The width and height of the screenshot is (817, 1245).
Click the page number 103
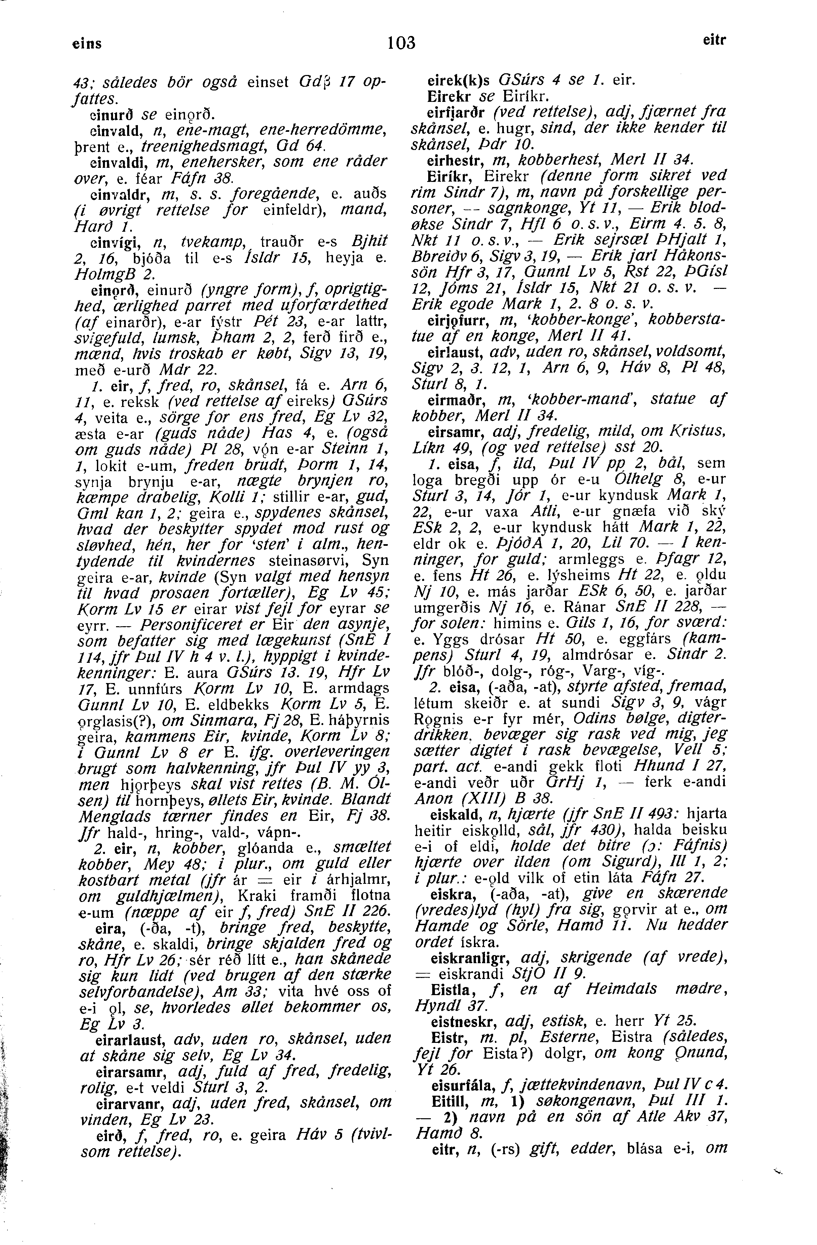(x=401, y=42)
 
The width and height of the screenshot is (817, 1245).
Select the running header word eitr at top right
(x=714, y=40)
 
